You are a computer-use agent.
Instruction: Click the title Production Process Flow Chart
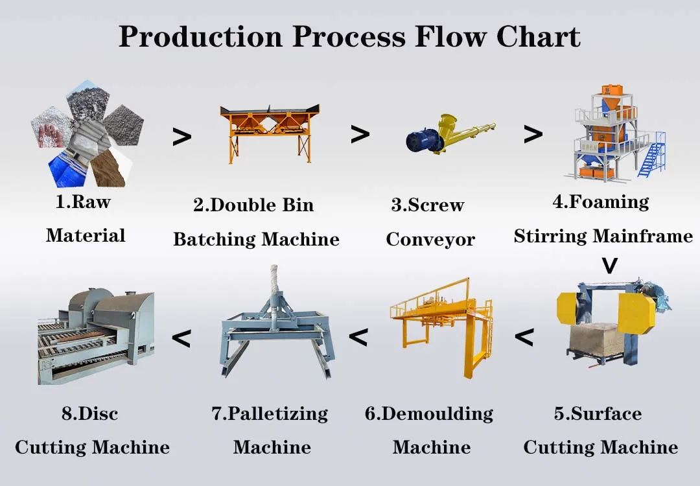point(349,37)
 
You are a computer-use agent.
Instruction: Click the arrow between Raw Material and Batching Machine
point(181,137)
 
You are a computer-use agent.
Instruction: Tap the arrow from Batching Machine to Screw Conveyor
point(360,134)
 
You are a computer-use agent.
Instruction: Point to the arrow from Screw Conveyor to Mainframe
point(533,134)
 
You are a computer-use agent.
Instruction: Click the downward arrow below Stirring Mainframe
point(609,266)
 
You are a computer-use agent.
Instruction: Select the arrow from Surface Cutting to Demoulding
point(524,337)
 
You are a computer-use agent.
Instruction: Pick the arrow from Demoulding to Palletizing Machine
point(358,337)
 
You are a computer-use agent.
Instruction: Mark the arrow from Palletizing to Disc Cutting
point(181,338)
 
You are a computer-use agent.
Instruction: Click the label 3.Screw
point(428,205)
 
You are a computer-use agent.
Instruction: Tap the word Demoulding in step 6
point(437,414)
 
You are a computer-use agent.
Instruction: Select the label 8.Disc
point(90,414)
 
